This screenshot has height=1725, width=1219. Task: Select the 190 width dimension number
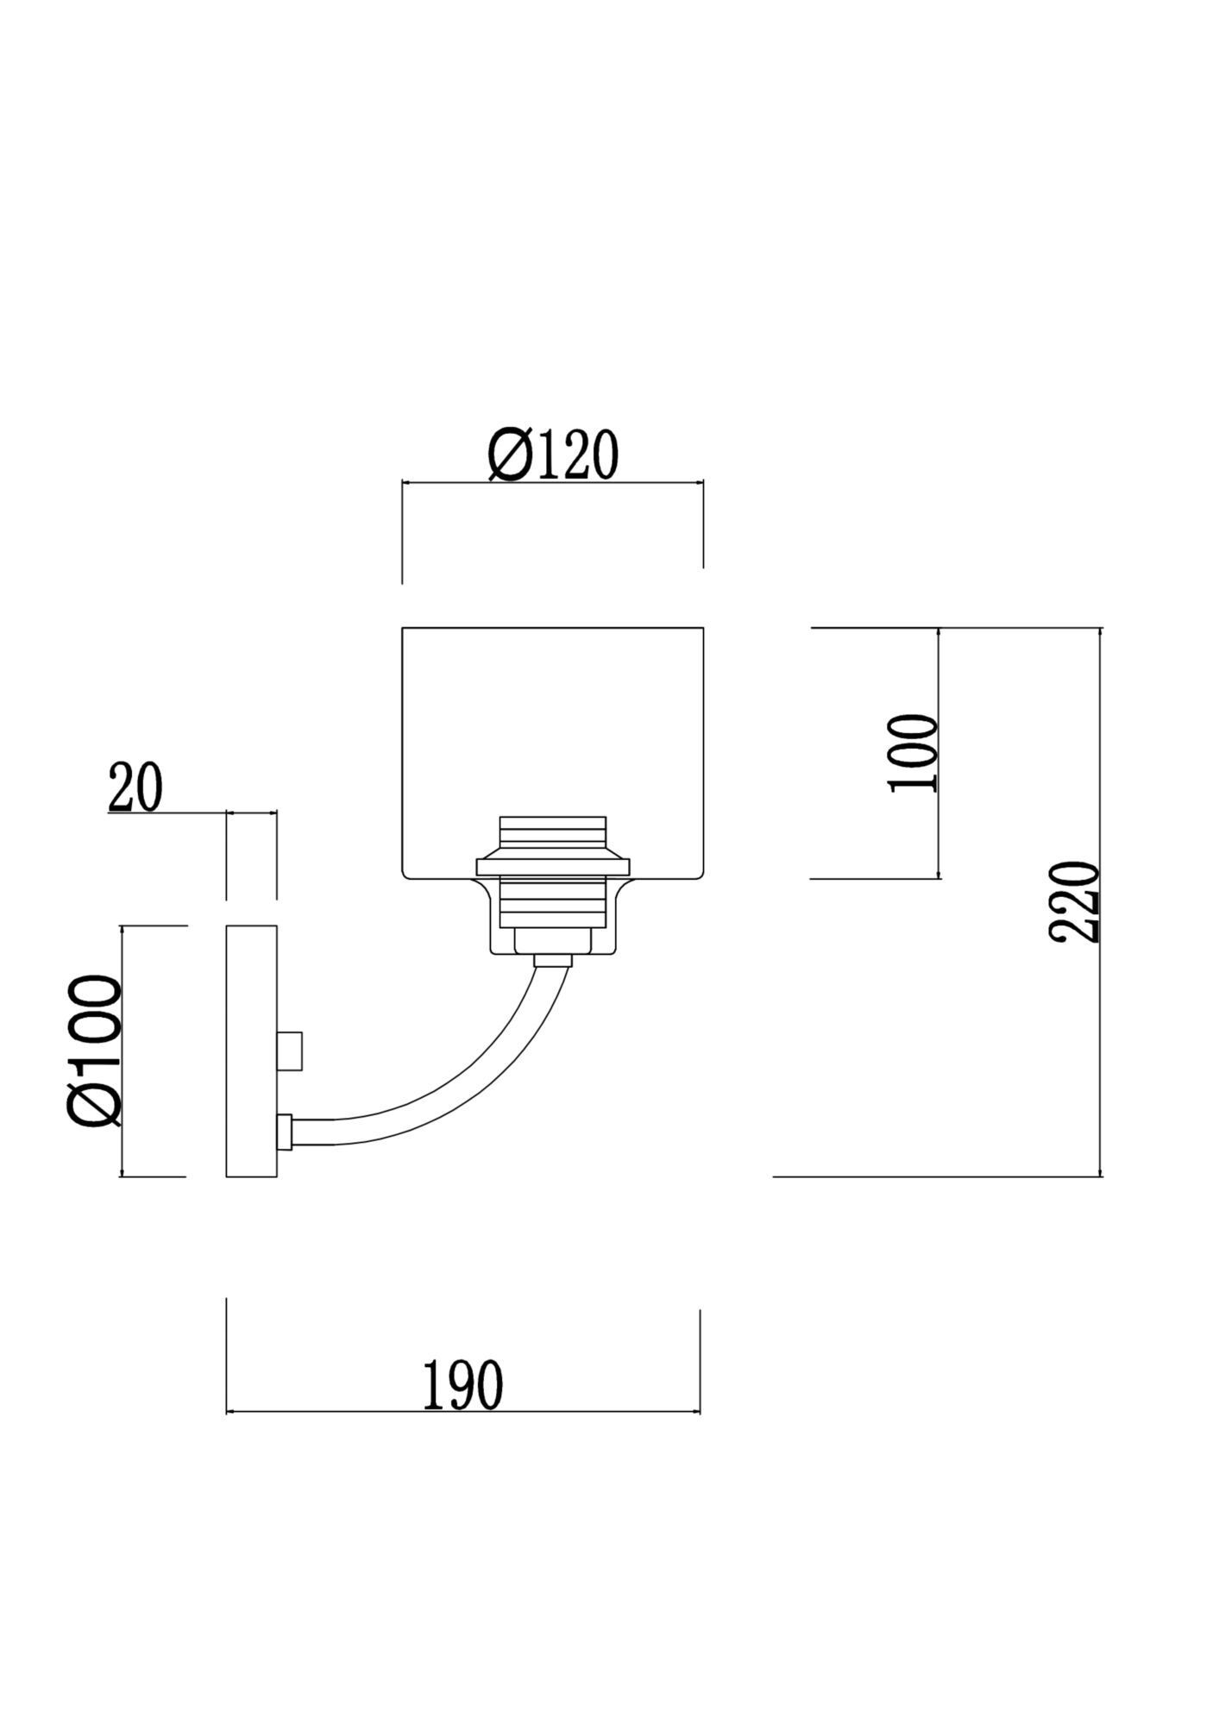point(462,1385)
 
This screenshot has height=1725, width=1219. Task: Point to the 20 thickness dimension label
point(135,788)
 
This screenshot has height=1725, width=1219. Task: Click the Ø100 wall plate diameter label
point(93,1051)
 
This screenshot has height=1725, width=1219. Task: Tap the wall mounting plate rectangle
point(251,1051)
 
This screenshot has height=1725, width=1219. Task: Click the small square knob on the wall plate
point(290,1051)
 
